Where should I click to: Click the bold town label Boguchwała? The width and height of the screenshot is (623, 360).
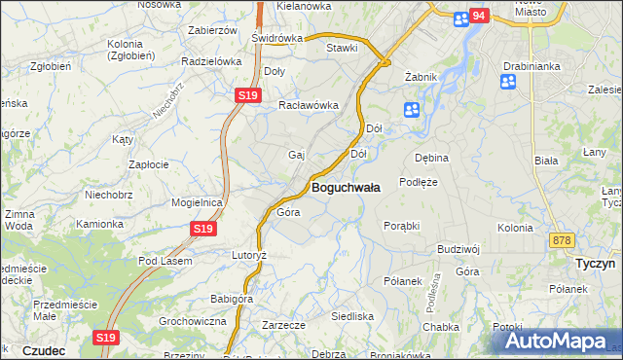tap(346, 186)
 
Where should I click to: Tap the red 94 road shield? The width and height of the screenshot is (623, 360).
tap(478, 16)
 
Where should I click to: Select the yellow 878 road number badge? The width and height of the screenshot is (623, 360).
tap(561, 240)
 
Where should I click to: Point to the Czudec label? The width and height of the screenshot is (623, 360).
tap(43, 350)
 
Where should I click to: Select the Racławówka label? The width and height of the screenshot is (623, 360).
tap(308, 106)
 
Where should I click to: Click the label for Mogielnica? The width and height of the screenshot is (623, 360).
tap(198, 202)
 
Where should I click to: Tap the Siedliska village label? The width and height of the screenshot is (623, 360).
tap(352, 316)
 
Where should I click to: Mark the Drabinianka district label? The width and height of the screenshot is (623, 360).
tap(530, 66)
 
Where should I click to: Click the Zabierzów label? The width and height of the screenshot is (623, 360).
tap(212, 30)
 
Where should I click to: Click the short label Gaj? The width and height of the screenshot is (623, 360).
tap(297, 155)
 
